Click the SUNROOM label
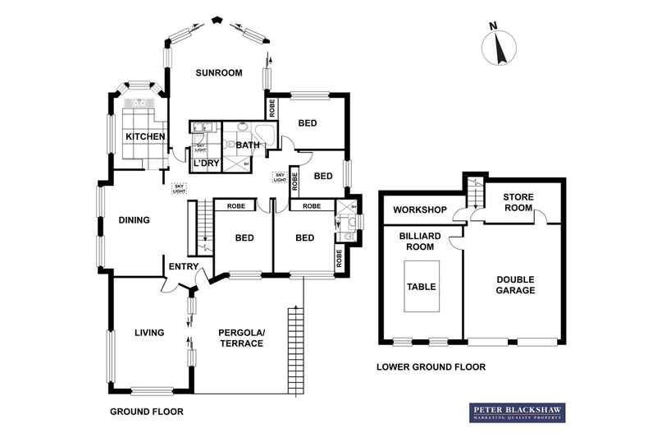219,73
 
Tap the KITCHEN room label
146,136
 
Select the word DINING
135,220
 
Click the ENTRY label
182,267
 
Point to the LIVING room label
149,333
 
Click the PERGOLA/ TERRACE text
241,338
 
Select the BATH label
248,145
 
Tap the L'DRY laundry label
205,164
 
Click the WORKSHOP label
419,210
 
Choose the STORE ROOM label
518,202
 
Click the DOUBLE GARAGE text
515,284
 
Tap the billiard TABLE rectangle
422,287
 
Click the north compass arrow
500,48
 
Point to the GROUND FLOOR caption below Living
146,412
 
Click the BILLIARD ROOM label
421,241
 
